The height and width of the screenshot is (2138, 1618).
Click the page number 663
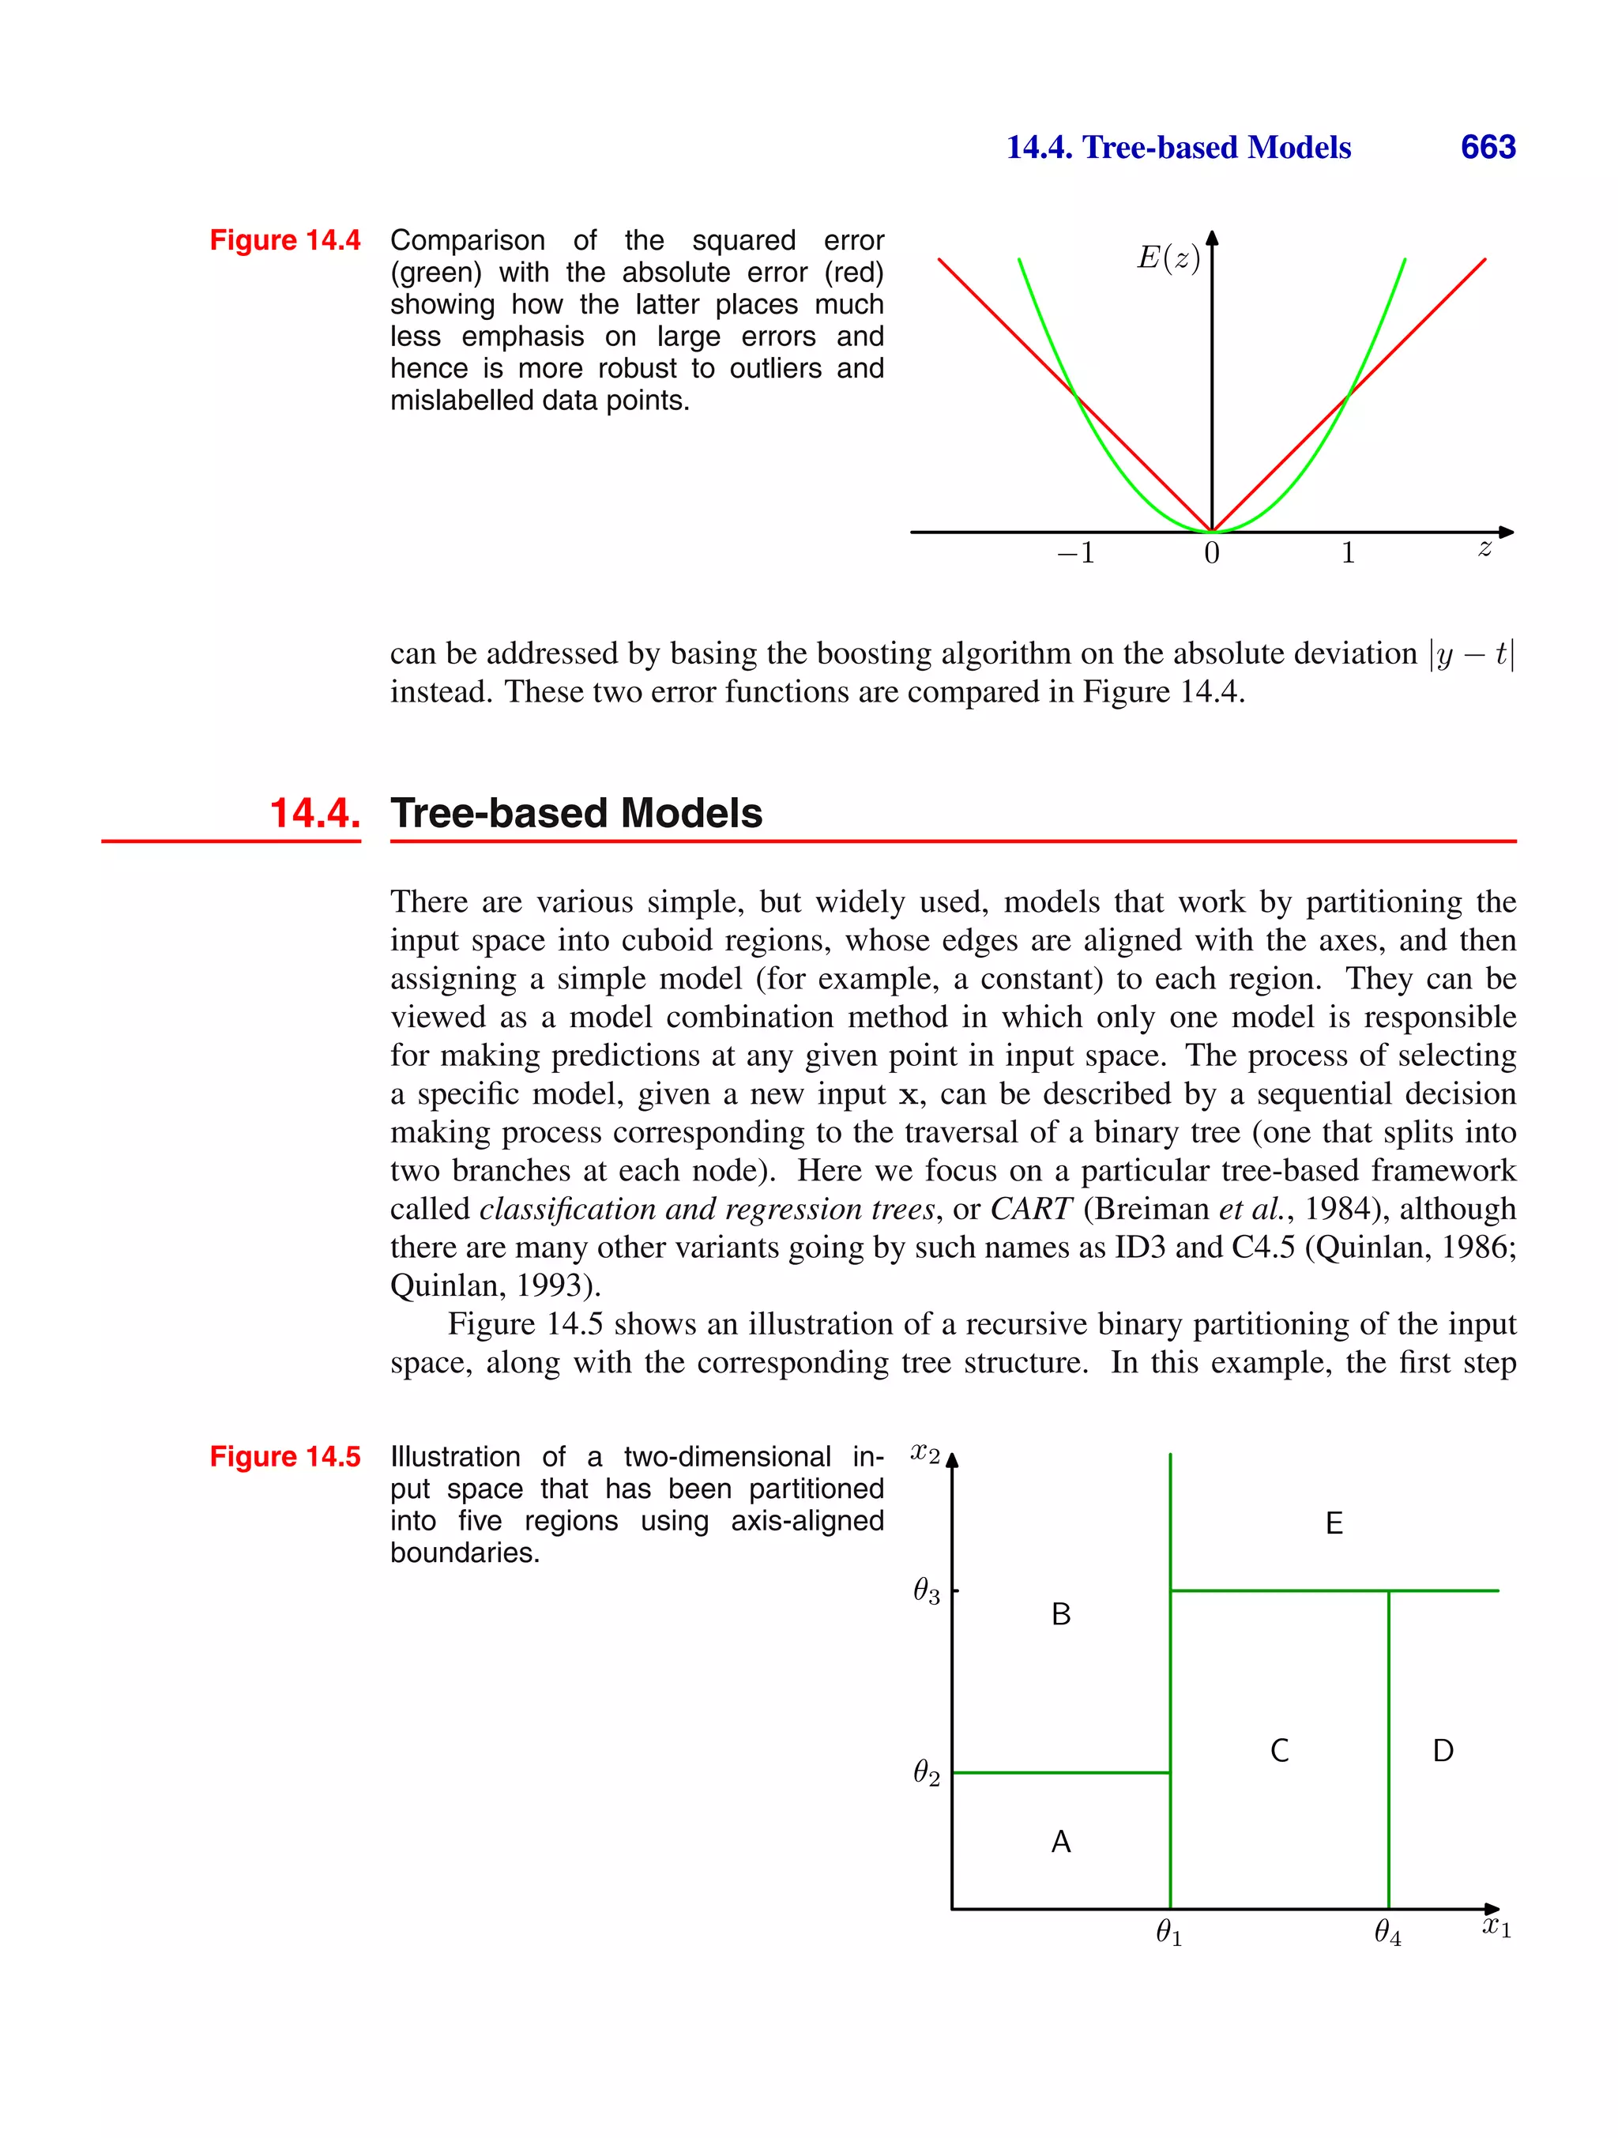pos(1488,147)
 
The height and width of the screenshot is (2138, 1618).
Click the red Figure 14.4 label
pos(285,239)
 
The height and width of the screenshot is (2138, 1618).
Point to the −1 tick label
pos(1076,553)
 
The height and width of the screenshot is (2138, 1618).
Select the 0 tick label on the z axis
pos(1211,554)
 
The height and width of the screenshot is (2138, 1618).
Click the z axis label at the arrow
pos(1484,548)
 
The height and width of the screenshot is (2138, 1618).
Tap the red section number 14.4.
pos(315,813)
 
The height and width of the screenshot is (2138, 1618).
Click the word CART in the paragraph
pos(1031,1209)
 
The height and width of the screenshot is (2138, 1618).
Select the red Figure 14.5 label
pos(285,1457)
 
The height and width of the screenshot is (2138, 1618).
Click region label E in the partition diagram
pos(1334,1524)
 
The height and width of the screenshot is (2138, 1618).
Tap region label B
pos(1060,1615)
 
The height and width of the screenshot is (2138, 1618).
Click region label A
pos(1060,1843)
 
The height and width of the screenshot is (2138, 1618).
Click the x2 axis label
pos(925,1454)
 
